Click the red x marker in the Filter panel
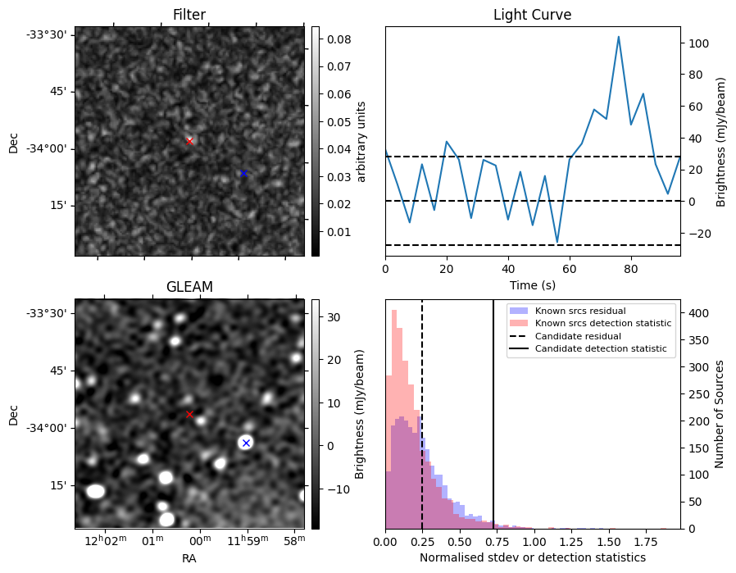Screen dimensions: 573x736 pyautogui.click(x=189, y=141)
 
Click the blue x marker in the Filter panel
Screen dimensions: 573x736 pyautogui.click(x=243, y=173)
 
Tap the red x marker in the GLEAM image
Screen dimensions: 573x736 pyautogui.click(x=189, y=415)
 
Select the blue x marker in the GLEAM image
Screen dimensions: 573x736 pyautogui.click(x=246, y=443)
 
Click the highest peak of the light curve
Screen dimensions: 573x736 pyautogui.click(x=618, y=37)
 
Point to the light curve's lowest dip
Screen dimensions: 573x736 pyautogui.click(x=557, y=243)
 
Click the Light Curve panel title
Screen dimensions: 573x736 pyautogui.click(x=532, y=15)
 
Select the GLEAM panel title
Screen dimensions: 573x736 pyautogui.click(x=189, y=287)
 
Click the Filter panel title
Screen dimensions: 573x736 pyautogui.click(x=189, y=15)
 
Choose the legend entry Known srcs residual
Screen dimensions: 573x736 pyautogui.click(x=580, y=311)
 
